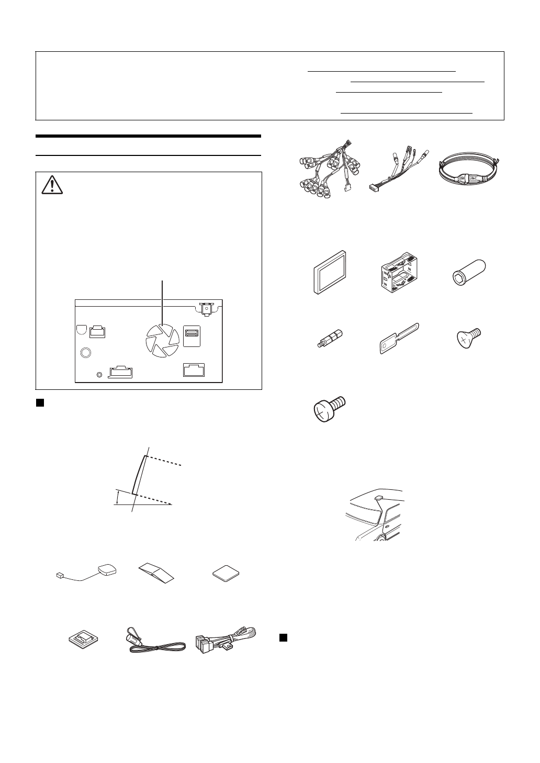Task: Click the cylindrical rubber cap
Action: pos(469,271)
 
